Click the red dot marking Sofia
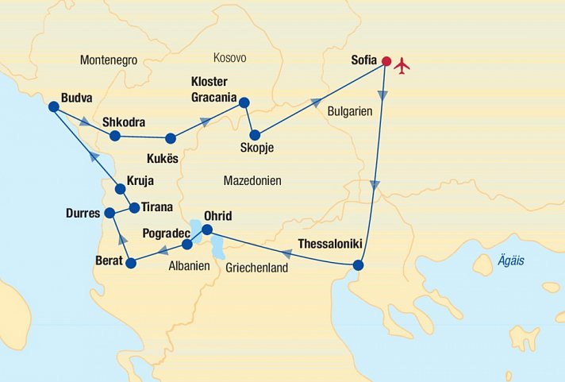[386, 61]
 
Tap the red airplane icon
[402, 64]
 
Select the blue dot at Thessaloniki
[358, 265]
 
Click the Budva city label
[75, 98]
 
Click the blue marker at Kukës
[170, 138]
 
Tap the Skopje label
[257, 146]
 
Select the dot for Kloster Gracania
[244, 102]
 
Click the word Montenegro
[109, 60]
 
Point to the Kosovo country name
[230, 58]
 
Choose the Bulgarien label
[350, 112]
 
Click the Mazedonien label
[252, 180]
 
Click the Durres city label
[83, 213]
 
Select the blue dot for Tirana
[134, 208]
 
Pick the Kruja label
[140, 180]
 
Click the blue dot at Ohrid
[206, 230]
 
